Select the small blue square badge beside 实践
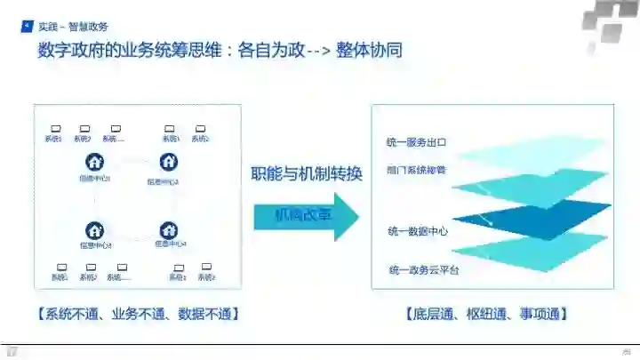(28, 27)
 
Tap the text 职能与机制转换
(307, 174)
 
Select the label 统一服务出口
(416, 142)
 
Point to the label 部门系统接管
(416, 168)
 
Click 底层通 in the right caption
(431, 314)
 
